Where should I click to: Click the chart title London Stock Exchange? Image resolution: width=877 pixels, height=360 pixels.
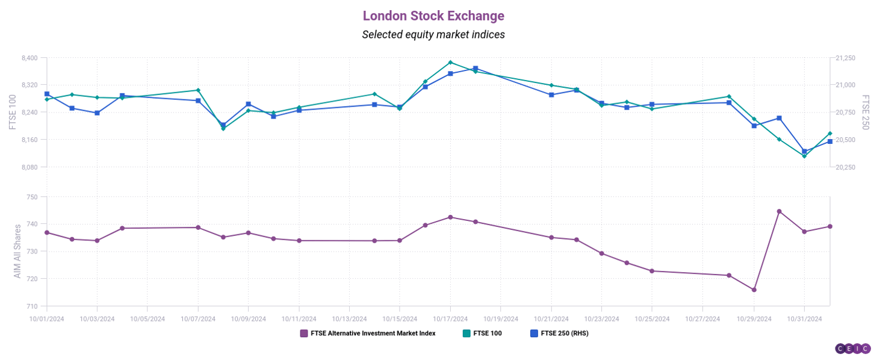point(433,16)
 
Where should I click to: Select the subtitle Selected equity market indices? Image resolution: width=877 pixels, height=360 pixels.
point(433,35)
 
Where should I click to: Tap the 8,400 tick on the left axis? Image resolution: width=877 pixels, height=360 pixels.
point(29,58)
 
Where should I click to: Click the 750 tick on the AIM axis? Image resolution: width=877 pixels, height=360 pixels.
point(32,197)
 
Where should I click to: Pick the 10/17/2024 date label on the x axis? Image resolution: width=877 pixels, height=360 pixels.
point(450,318)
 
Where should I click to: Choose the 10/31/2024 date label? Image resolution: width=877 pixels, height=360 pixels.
point(804,318)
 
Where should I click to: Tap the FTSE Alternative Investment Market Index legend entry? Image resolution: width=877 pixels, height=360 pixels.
point(368,333)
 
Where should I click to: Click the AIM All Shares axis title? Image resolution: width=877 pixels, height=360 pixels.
point(17,251)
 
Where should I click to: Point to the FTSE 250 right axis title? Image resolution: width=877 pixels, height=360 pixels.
point(866,113)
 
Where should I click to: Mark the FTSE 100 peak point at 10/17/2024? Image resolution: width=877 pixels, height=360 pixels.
point(450,62)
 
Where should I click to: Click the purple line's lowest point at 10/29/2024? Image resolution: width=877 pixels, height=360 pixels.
point(754,290)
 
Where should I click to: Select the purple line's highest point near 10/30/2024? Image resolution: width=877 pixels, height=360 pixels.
point(779,211)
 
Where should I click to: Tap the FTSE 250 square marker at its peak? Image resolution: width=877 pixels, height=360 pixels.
point(476,69)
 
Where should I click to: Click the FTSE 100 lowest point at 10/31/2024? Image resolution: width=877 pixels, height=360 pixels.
point(804,156)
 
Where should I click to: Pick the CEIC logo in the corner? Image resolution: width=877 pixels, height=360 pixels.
point(853,349)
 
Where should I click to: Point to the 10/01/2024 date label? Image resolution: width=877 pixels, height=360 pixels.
point(47,318)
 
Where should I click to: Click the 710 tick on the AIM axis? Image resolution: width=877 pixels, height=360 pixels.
point(32,306)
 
